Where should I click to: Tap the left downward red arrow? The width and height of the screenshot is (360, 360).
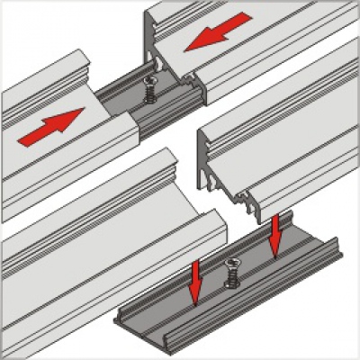(193, 281)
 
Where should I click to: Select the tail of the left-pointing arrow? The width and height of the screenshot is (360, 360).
(245, 20)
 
